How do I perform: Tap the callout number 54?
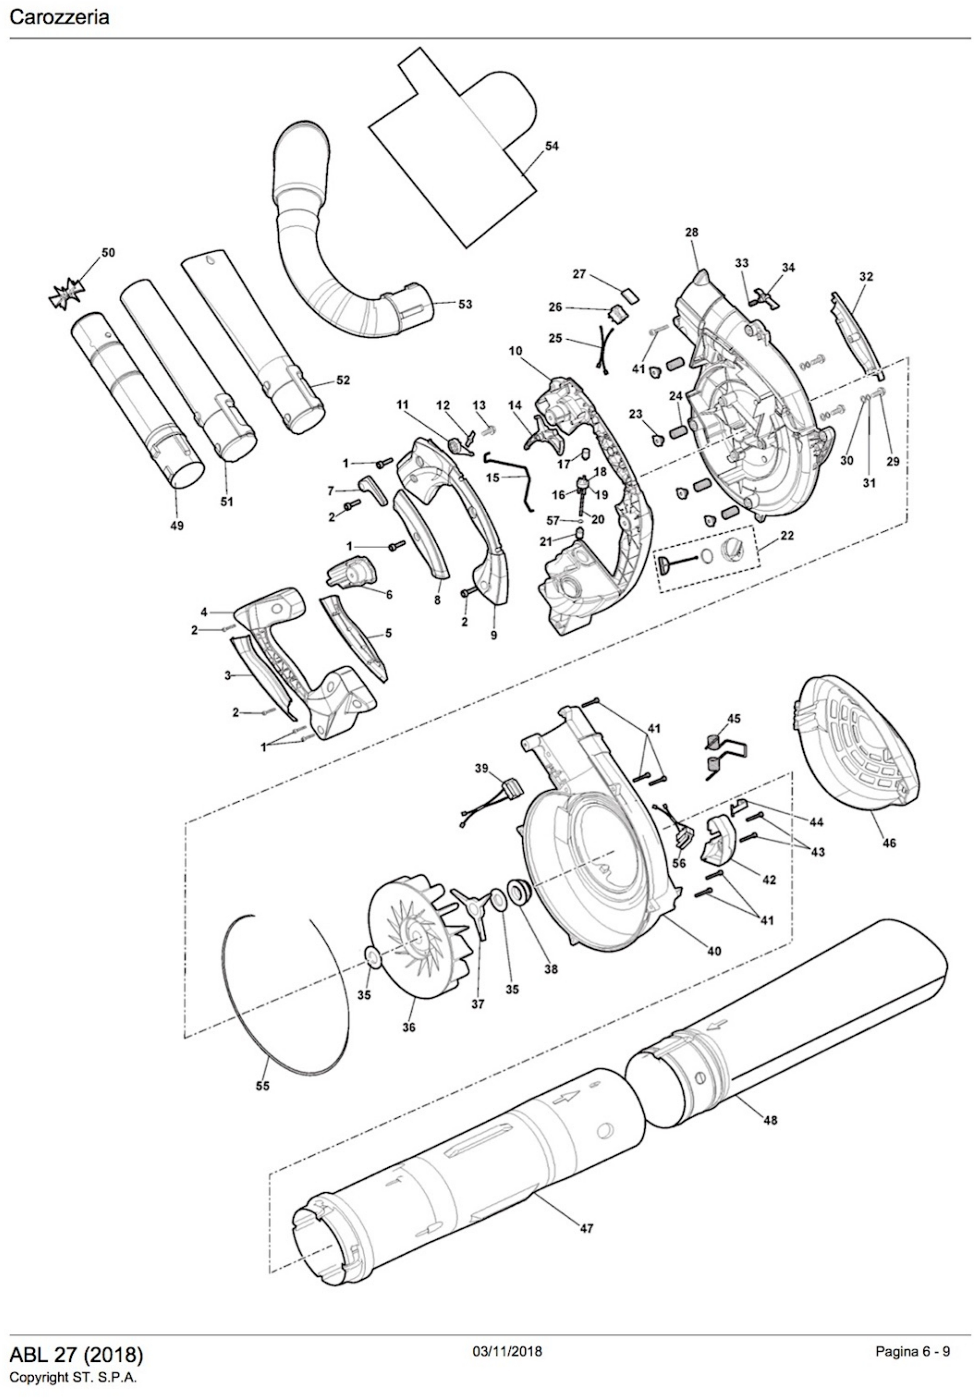(x=551, y=146)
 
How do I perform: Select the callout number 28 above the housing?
(x=691, y=232)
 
